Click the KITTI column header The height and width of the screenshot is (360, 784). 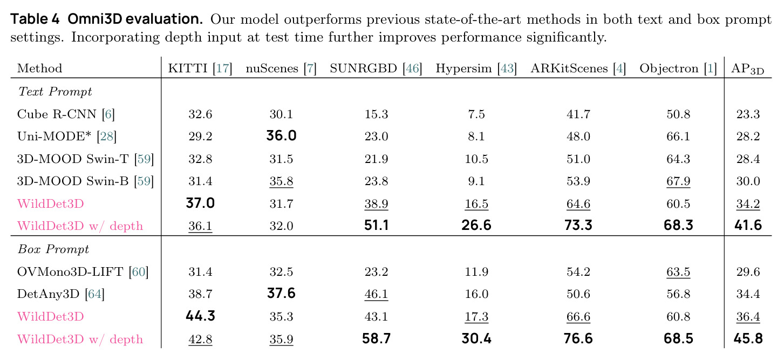pyautogui.click(x=200, y=69)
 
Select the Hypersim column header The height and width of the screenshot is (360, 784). pyautogui.click(x=476, y=69)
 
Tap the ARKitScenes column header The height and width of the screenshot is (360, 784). pyautogui.click(x=578, y=69)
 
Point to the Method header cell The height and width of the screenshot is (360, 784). pyautogui.click(x=39, y=69)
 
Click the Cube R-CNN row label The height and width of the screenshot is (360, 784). pyautogui.click(x=66, y=114)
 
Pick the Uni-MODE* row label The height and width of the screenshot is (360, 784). pyautogui.click(x=66, y=136)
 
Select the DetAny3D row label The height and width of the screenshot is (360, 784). pyautogui.click(x=60, y=294)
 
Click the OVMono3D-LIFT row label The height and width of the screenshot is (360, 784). pyautogui.click(x=83, y=271)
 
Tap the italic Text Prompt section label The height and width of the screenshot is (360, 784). pyautogui.click(x=54, y=92)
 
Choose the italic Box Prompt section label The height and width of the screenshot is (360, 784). pyautogui.click(x=53, y=249)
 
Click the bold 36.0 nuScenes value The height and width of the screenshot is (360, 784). pyautogui.click(x=281, y=136)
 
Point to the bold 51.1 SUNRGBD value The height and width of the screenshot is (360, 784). pyautogui.click(x=376, y=225)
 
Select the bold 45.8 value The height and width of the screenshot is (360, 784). pyautogui.click(x=748, y=338)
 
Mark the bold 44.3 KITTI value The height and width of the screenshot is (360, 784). pyautogui.click(x=200, y=316)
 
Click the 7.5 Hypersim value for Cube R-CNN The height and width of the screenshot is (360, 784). pyautogui.click(x=476, y=114)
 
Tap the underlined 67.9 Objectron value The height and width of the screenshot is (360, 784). pyautogui.click(x=678, y=181)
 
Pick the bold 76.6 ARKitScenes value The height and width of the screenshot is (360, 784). pyautogui.click(x=578, y=338)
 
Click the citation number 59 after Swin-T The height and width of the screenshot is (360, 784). pyautogui.click(x=144, y=159)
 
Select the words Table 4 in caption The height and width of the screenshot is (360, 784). pyautogui.click(x=35, y=19)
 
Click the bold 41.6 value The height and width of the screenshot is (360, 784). pyautogui.click(x=748, y=225)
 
